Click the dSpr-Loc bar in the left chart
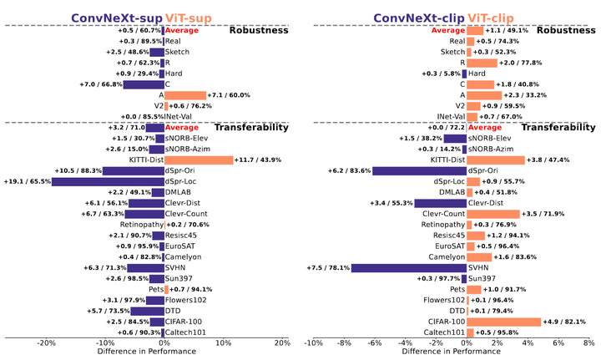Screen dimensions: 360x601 (108, 180)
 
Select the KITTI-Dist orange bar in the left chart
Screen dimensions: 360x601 (199, 160)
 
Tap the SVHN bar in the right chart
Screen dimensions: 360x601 (408, 267)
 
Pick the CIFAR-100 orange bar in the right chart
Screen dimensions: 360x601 (503, 321)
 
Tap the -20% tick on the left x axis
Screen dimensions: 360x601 (47, 342)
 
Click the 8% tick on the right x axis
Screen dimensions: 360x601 (588, 342)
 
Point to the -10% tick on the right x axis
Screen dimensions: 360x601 (313, 342)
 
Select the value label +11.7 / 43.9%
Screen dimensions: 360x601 (261, 160)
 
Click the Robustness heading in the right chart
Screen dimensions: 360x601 (565, 30)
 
